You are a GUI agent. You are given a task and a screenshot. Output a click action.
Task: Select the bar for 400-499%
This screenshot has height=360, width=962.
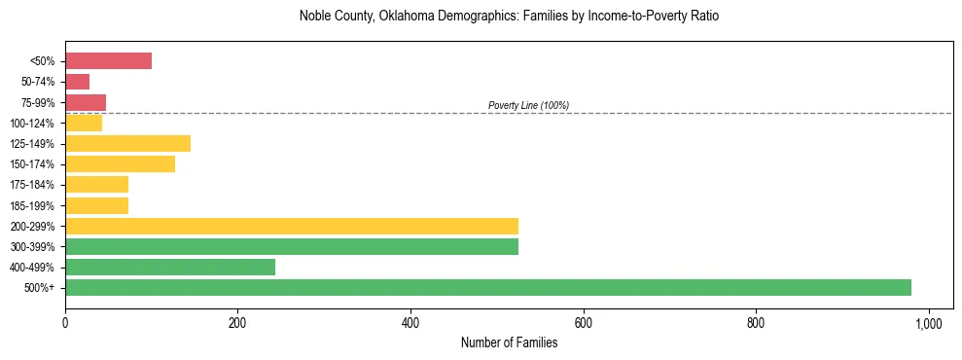point(170,267)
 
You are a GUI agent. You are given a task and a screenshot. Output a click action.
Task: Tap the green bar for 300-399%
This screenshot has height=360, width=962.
point(292,246)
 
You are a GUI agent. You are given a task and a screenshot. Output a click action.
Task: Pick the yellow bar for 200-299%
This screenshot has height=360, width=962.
point(292,226)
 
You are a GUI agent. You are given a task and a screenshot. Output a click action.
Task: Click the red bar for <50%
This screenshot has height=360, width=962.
point(108,61)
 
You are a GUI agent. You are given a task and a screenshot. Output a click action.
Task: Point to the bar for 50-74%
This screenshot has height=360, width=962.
point(78,82)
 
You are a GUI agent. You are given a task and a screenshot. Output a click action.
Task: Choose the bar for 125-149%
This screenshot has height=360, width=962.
point(127,144)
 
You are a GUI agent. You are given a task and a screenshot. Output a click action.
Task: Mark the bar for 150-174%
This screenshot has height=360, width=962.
point(120,164)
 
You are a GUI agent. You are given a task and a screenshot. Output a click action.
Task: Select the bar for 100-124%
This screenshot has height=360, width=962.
point(84,124)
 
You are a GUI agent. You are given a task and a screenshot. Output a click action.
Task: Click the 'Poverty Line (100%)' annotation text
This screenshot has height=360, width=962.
point(528,105)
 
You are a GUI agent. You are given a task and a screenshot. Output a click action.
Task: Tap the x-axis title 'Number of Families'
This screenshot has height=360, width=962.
point(509,342)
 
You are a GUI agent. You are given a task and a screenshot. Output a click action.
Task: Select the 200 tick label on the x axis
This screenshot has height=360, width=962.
point(237,322)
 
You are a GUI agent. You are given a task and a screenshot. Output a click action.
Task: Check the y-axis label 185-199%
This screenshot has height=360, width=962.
point(33,205)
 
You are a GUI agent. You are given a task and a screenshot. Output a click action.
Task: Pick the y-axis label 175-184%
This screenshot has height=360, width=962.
point(33,185)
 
